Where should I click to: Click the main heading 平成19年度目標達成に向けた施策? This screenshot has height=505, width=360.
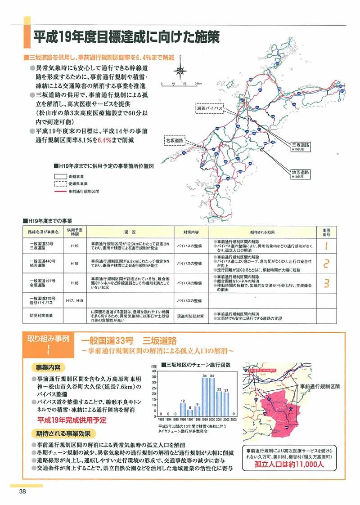126,37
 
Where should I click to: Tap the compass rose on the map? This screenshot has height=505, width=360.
180,70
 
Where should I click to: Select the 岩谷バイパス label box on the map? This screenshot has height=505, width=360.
210,108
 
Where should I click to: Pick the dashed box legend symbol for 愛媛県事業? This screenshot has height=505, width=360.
60,184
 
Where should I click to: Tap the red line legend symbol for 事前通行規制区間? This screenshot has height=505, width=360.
60,191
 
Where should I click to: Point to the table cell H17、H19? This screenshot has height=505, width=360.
74,300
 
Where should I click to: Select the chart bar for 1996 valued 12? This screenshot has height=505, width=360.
183,409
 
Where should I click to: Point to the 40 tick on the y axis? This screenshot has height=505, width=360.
154,371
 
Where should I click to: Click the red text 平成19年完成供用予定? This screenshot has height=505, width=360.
72,420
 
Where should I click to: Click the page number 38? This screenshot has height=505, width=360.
22,492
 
